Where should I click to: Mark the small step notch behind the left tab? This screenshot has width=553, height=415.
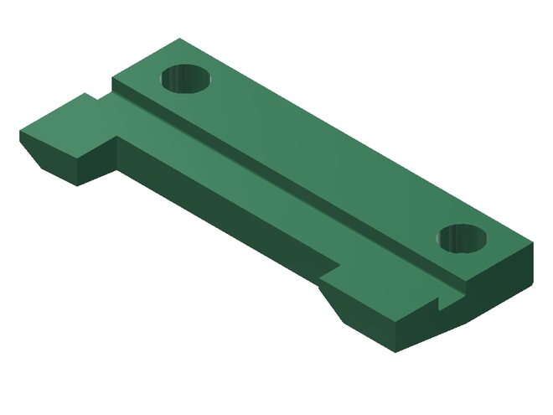(90, 98)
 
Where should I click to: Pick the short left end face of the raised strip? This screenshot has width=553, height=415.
(123, 87)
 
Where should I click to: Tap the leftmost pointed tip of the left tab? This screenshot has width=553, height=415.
(20, 133)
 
